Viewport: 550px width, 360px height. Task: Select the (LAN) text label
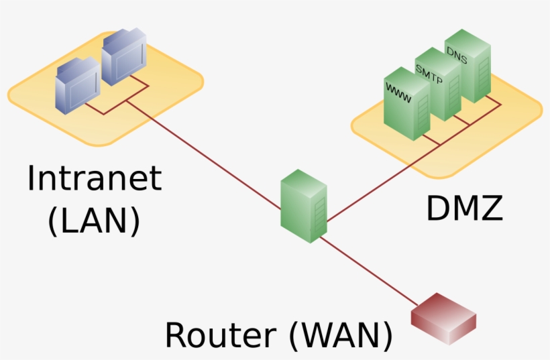click(94, 221)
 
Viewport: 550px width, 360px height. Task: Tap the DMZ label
click(464, 208)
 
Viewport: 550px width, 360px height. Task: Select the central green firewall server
click(303, 206)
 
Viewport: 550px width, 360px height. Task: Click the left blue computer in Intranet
click(78, 83)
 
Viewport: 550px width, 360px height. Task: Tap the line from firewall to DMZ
click(376, 184)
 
